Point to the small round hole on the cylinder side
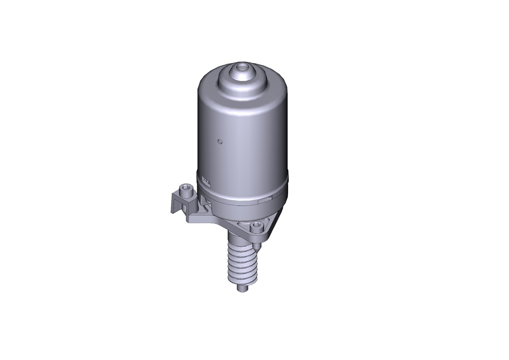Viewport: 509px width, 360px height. [x=219, y=141]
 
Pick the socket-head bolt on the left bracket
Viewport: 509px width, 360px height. [x=187, y=191]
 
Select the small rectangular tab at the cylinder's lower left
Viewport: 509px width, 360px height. [x=206, y=180]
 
